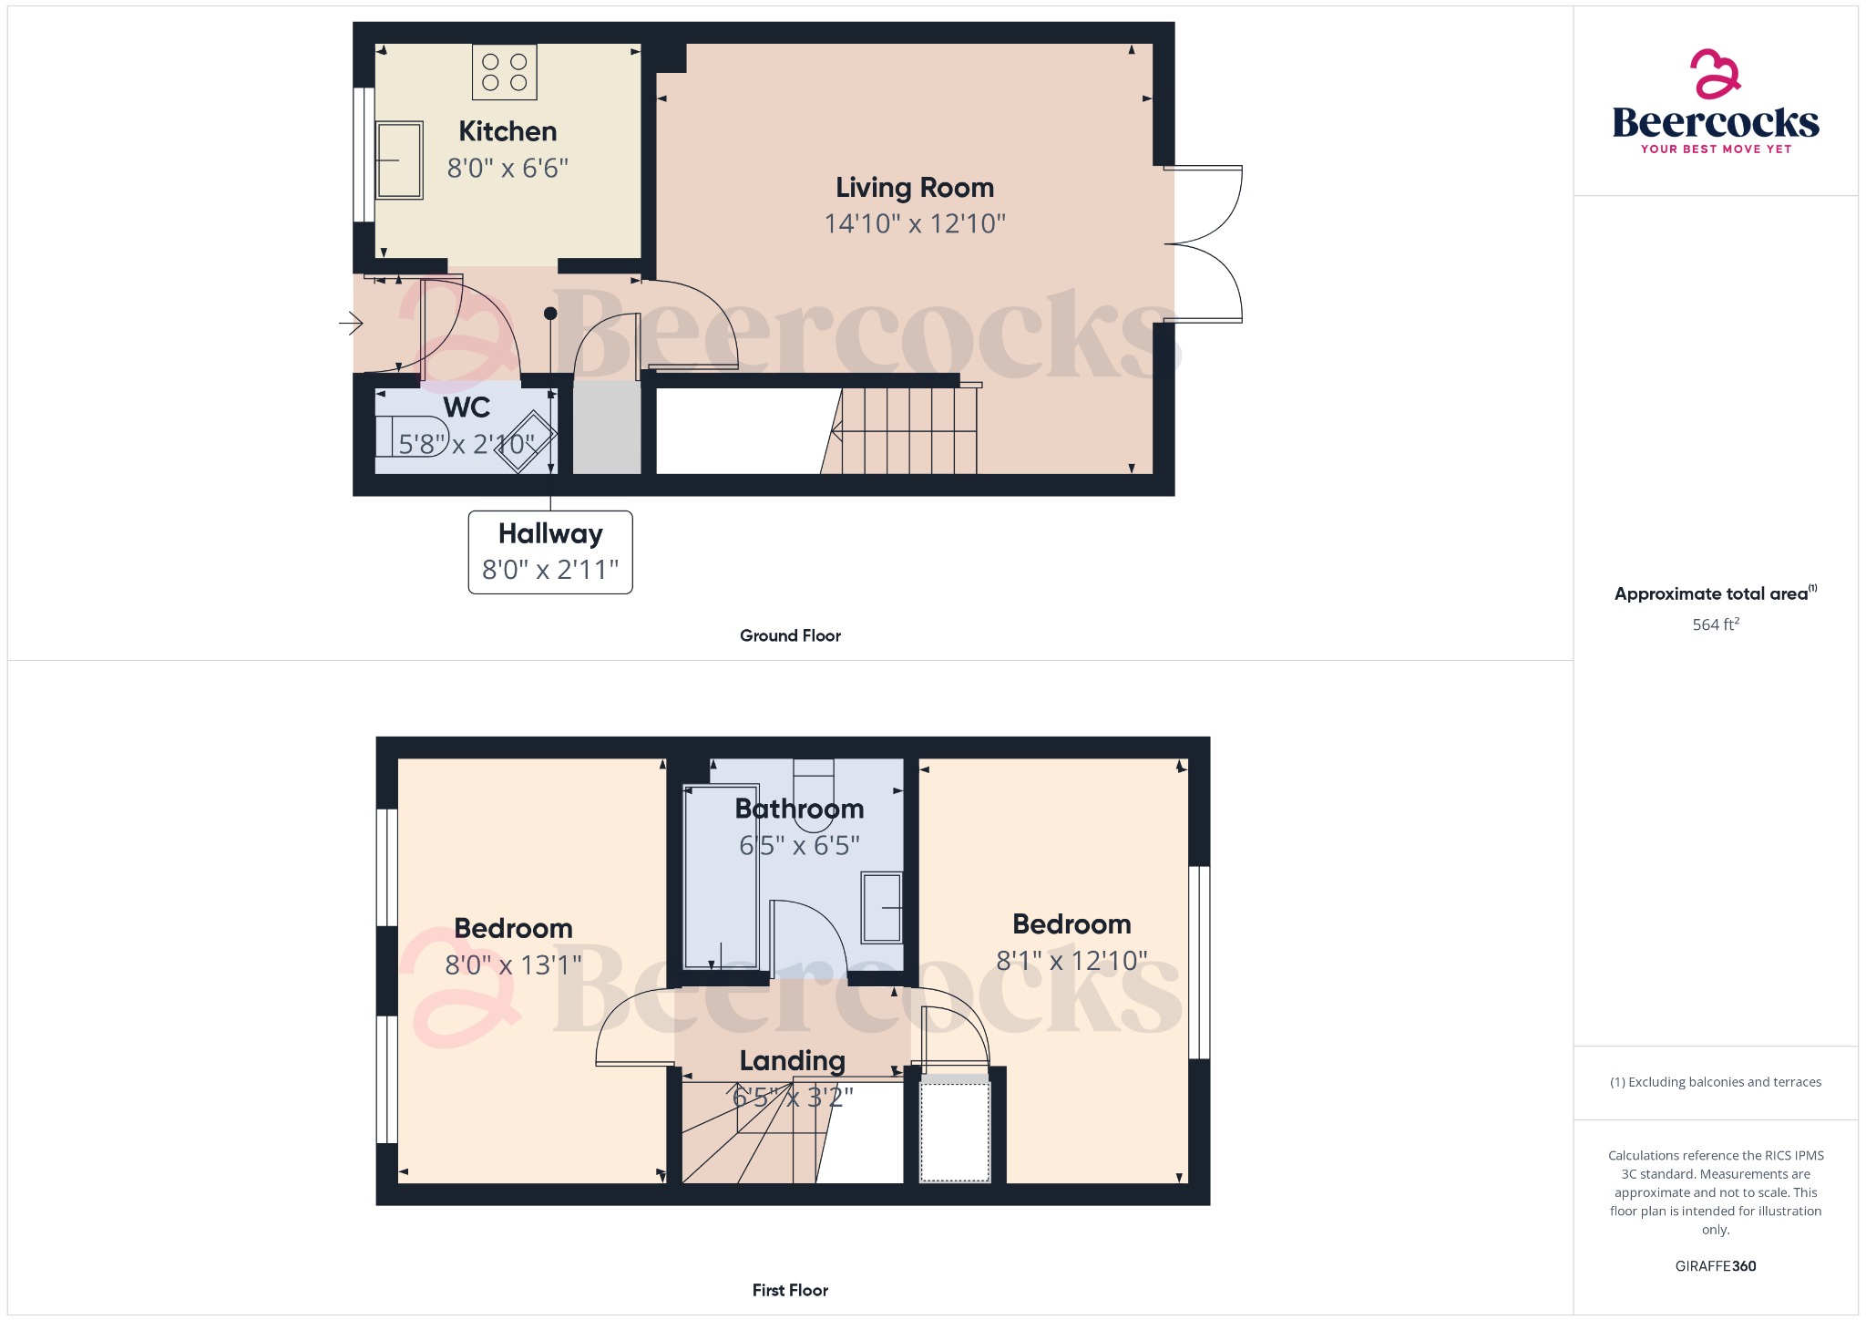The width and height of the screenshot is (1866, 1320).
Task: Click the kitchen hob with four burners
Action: [x=504, y=72]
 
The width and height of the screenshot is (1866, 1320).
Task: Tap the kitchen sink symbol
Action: [x=400, y=160]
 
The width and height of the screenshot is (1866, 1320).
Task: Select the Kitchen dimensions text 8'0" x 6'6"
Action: [x=508, y=169]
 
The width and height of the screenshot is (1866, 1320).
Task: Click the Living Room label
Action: [x=915, y=188]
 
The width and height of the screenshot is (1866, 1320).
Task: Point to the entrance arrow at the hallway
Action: [x=352, y=323]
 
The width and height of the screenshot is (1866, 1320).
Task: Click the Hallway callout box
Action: [x=550, y=552]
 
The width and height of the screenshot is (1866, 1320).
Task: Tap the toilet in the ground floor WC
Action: [x=412, y=436]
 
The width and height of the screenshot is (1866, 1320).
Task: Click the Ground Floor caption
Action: [x=790, y=635]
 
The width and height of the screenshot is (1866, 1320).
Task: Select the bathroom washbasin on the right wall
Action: [x=882, y=907]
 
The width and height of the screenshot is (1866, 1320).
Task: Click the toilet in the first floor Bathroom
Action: [x=814, y=791]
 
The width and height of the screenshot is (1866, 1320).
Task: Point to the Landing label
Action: [x=793, y=1060]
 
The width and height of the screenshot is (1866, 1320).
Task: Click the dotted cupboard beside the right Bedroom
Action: [x=955, y=1130]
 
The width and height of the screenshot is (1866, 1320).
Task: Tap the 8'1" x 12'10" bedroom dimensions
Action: [x=1071, y=961]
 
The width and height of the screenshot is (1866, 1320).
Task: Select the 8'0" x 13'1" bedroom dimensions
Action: [x=513, y=964]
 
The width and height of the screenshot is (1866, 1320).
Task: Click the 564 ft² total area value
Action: [x=1716, y=624]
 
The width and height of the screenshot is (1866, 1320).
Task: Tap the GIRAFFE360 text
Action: [x=1716, y=1265]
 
